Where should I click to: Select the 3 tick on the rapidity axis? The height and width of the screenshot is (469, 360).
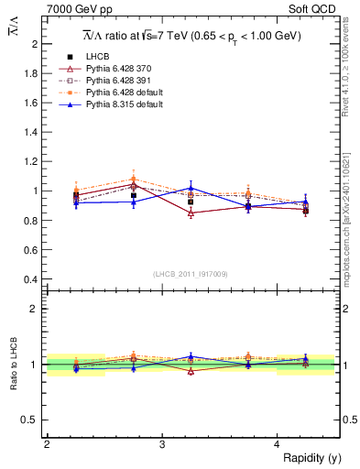point(162,445)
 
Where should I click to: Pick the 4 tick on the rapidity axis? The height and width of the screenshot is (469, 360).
point(278,445)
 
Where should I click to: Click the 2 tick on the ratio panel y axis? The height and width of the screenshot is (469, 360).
point(38,309)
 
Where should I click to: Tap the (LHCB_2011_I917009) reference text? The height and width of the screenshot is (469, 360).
point(191,273)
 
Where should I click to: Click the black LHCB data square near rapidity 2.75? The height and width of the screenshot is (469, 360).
point(134,195)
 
